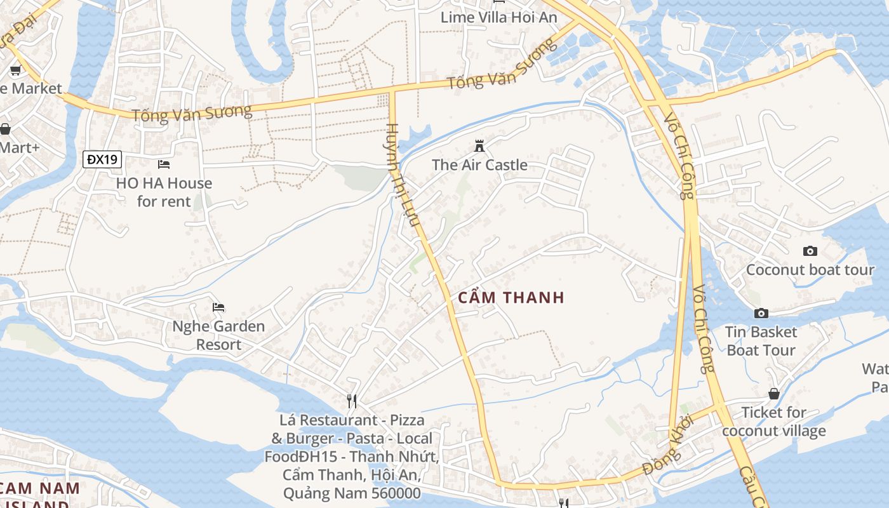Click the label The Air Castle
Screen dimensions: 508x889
pyautogui.click(x=479, y=165)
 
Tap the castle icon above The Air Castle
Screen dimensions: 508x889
pyautogui.click(x=479, y=147)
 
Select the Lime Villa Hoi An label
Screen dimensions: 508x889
pyautogui.click(x=499, y=17)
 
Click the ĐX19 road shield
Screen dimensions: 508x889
pyautogui.click(x=102, y=159)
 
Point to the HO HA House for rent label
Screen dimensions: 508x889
pyautogui.click(x=164, y=192)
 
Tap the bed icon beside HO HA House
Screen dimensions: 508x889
pyautogui.click(x=164, y=164)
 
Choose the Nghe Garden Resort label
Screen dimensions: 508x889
pyautogui.click(x=219, y=335)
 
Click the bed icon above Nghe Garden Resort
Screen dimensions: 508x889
pyautogui.click(x=219, y=307)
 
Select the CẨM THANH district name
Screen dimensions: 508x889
pyautogui.click(x=511, y=297)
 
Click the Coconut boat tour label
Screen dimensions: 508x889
pyautogui.click(x=810, y=270)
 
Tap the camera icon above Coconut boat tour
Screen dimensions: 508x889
pyautogui.click(x=810, y=251)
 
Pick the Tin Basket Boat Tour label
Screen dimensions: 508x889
pyautogui.click(x=761, y=341)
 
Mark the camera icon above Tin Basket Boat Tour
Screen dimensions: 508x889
pyautogui.click(x=761, y=313)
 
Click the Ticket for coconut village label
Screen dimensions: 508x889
pyautogui.click(x=774, y=422)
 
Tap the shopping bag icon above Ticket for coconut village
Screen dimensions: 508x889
pyautogui.click(x=774, y=394)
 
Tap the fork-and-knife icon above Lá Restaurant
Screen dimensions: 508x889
pyautogui.click(x=352, y=401)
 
